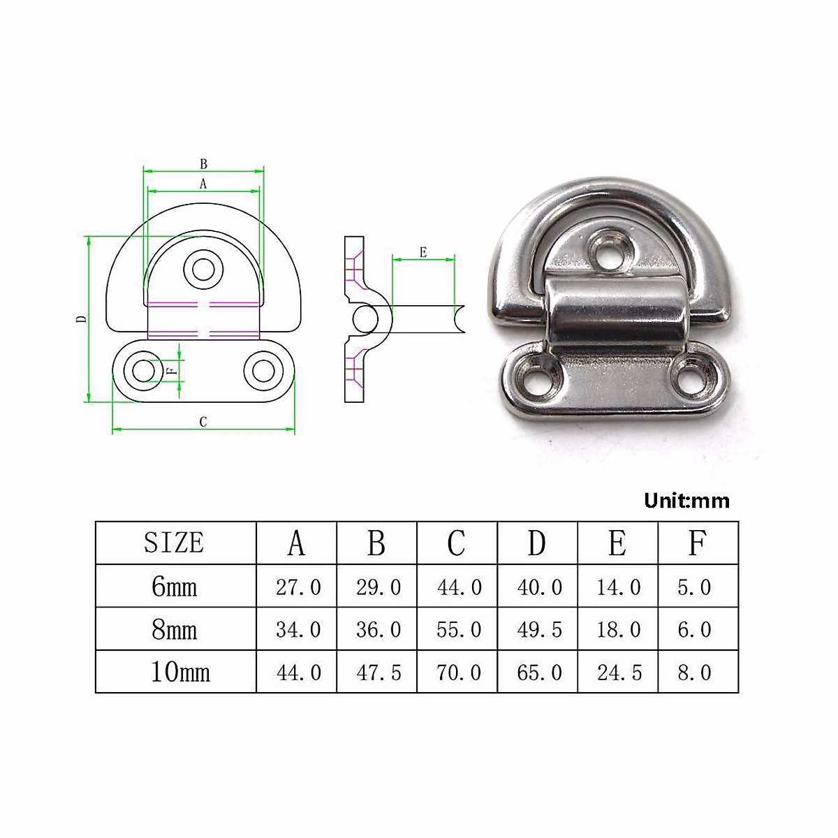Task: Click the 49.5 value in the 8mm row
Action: pyautogui.click(x=538, y=630)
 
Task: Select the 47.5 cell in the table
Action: pyautogui.click(x=378, y=672)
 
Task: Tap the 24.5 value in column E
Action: pyautogui.click(x=619, y=672)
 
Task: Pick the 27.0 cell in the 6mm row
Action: pyautogui.click(x=297, y=587)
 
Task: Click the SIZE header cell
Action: pyautogui.click(x=174, y=543)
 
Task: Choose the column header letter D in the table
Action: pyautogui.click(x=536, y=543)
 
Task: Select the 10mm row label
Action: pyautogui.click(x=179, y=672)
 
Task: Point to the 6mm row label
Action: pyautogui.click(x=174, y=587)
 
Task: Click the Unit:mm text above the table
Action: pyautogui.click(x=686, y=501)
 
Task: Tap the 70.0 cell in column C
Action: pyautogui.click(x=458, y=672)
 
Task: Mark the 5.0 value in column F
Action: pyautogui.click(x=694, y=587)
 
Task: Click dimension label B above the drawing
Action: pyautogui.click(x=203, y=164)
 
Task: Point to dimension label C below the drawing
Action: pyautogui.click(x=203, y=422)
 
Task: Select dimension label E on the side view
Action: pyautogui.click(x=423, y=252)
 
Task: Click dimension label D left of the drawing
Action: pyautogui.click(x=82, y=319)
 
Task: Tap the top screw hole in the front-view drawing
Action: pyautogui.click(x=203, y=269)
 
